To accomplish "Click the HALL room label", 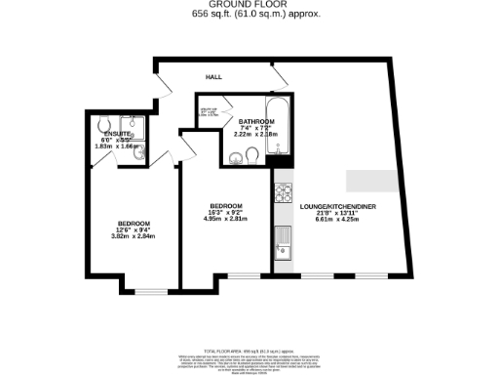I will coord(212,76).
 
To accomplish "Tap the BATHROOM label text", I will coord(256,120).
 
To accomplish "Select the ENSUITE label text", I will coord(118,134).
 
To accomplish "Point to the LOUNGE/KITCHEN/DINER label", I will coord(336,207).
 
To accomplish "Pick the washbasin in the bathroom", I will coord(234,158).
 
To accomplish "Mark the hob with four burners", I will coord(285,193).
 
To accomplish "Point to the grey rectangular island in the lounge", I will coord(371,181).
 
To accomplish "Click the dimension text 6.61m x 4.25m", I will coord(336,221).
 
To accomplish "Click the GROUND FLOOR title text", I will coord(249,4).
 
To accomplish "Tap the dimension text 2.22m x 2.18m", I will coord(256,134).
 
